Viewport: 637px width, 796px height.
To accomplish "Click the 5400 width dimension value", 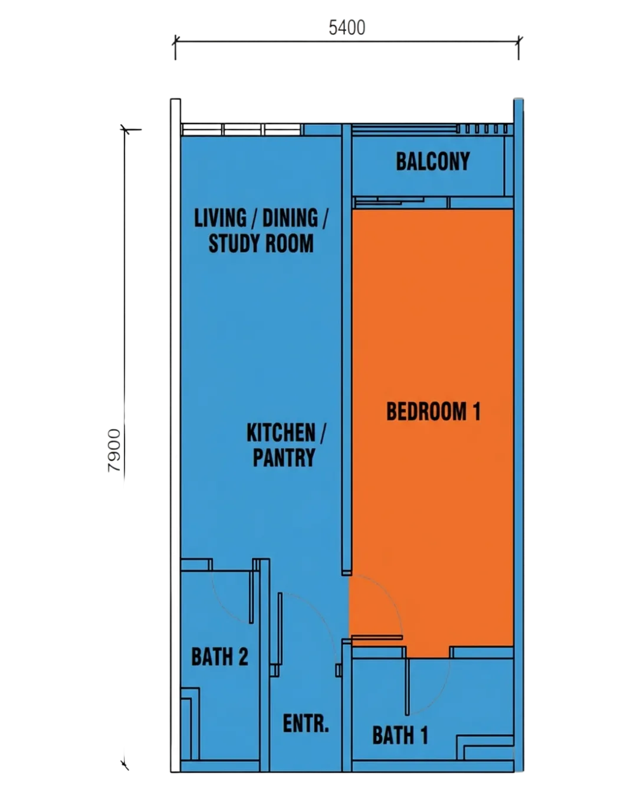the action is point(347,28).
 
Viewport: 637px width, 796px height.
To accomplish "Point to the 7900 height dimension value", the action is point(114,450).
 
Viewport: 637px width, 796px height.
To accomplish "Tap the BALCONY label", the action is point(433,162).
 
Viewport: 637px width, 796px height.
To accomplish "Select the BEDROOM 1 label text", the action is point(433,412).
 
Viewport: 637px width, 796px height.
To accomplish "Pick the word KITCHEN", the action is point(281,433).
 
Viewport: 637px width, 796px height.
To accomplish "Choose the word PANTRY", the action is point(284,458).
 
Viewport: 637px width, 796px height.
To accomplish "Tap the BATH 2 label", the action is point(219,656).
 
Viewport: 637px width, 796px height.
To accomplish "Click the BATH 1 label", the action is point(400,735).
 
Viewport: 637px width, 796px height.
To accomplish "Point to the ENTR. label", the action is point(306,723).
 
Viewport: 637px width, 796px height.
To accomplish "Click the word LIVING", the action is point(220,218).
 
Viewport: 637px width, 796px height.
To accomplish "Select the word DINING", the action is point(290,218).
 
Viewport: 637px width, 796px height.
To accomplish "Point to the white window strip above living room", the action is point(242,130).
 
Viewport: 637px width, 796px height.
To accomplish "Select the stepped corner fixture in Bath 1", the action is point(485,747).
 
